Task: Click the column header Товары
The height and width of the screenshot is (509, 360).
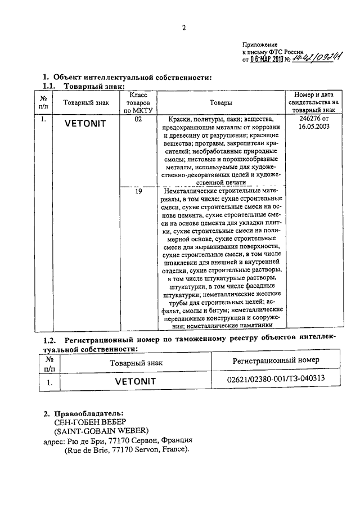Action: click(221, 103)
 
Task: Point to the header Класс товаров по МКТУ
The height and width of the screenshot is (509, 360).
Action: click(138, 103)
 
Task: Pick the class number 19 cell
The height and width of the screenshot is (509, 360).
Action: click(138, 192)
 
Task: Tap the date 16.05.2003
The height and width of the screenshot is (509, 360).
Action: click(312, 127)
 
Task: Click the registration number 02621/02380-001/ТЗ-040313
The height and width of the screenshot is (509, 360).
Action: click(276, 380)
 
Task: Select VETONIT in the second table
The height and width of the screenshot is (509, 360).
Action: click(135, 381)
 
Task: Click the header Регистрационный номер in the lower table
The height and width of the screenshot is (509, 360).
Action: click(276, 359)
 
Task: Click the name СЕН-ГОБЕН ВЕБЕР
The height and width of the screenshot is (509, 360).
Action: click(85, 422)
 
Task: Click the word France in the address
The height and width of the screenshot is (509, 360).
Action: click(176, 450)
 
